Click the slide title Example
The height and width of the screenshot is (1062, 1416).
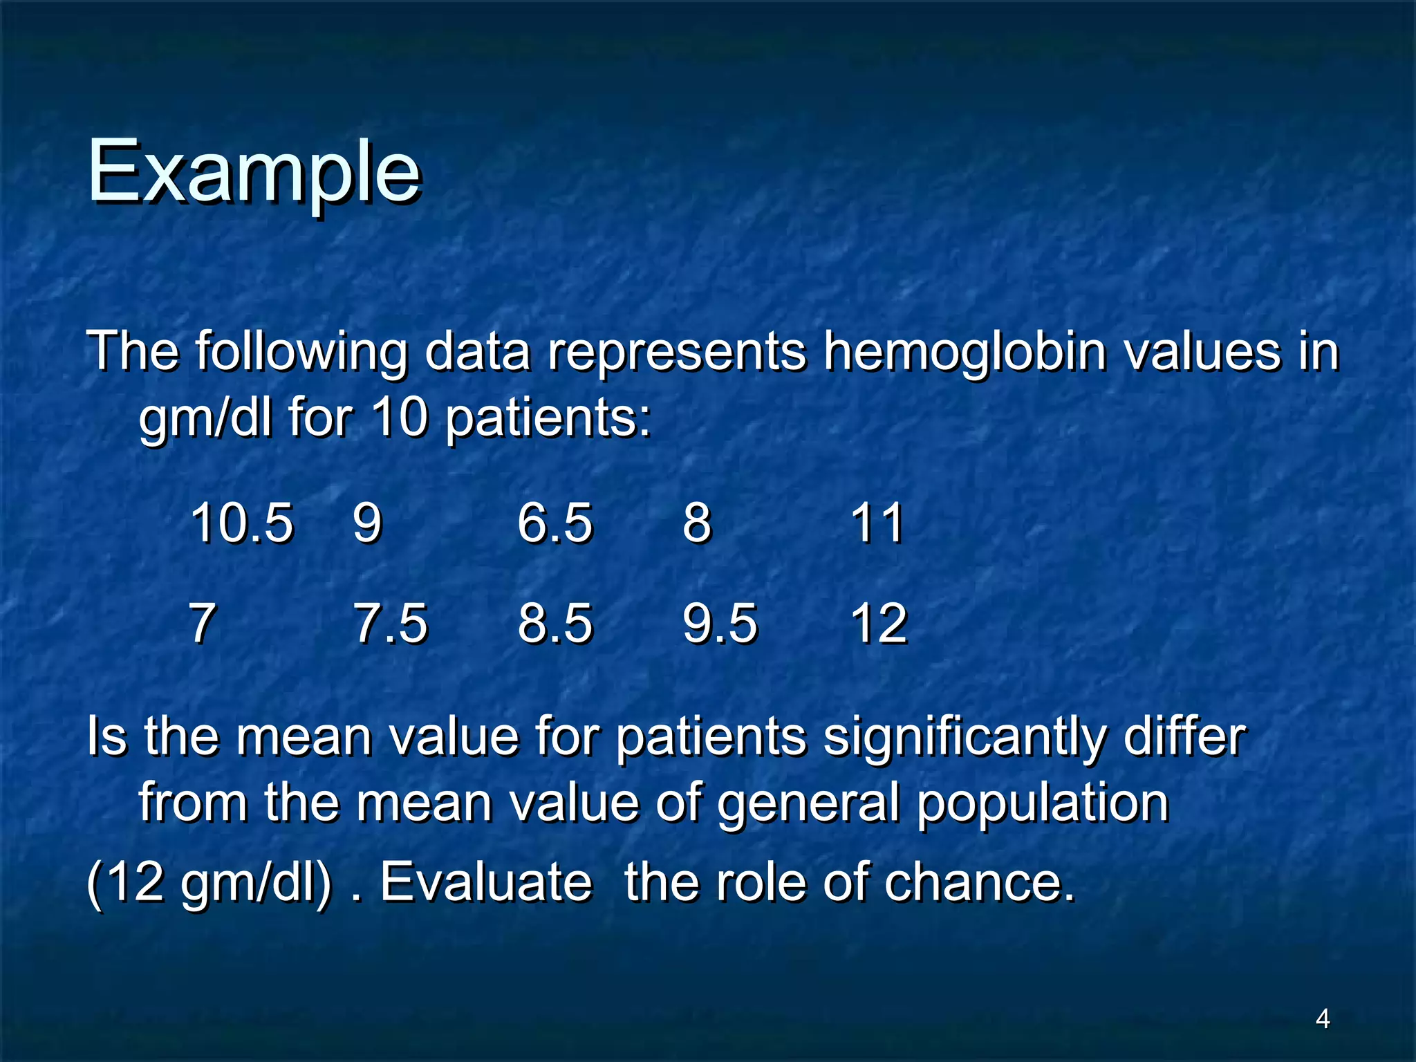(253, 171)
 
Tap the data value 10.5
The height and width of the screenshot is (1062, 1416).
(241, 523)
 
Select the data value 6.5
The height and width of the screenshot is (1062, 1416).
(555, 523)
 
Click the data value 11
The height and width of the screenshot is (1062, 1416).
(877, 523)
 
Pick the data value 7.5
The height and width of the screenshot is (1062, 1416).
(391, 624)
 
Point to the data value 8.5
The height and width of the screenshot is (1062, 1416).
(555, 624)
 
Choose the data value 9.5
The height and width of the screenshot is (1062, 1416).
(720, 624)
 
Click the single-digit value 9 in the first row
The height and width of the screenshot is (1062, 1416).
(367, 523)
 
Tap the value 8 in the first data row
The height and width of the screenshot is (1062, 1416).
(697, 523)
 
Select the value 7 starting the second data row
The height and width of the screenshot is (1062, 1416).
(202, 624)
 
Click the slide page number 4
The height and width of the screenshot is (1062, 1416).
(1322, 1018)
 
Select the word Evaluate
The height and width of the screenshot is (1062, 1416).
(486, 882)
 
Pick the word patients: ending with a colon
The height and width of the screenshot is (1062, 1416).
(548, 419)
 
